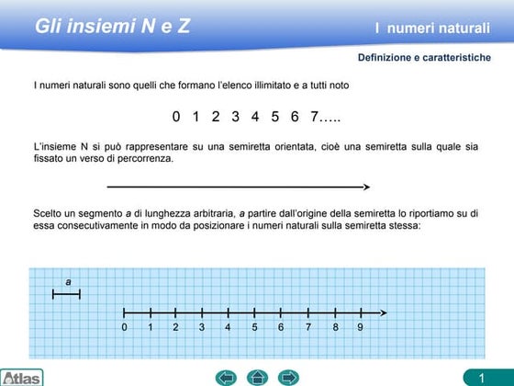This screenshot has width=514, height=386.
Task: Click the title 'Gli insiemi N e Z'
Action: [112, 26]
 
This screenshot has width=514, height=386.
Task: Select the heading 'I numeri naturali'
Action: [432, 28]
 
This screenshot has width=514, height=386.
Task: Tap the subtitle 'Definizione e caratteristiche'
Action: [424, 58]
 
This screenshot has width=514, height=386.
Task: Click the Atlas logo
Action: [21, 377]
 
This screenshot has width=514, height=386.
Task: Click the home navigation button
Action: [258, 376]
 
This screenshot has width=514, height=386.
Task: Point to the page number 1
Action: [480, 377]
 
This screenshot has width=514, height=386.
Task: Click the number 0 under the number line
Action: [124, 327]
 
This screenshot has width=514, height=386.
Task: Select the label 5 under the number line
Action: [255, 327]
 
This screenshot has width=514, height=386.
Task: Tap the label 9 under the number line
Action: [361, 327]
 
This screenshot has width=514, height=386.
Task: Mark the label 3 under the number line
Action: [202, 327]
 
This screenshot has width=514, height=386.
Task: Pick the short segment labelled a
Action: [67, 294]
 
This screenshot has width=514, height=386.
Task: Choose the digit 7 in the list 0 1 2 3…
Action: [314, 117]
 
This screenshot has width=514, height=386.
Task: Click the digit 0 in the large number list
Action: [176, 117]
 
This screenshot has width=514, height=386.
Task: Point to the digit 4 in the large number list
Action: [254, 117]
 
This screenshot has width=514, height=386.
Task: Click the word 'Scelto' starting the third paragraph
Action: [49, 213]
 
